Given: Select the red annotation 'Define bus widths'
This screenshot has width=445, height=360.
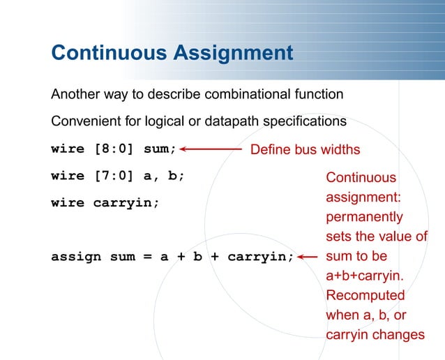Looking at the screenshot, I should pos(305,149).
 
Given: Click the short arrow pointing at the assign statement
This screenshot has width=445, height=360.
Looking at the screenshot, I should pos(308,256).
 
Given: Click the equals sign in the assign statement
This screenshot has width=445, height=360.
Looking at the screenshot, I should pos(148,256).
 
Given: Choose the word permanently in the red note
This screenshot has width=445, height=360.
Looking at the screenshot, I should pos(365,217).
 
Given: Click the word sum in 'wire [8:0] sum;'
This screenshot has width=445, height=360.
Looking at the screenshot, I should pos(160,149).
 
